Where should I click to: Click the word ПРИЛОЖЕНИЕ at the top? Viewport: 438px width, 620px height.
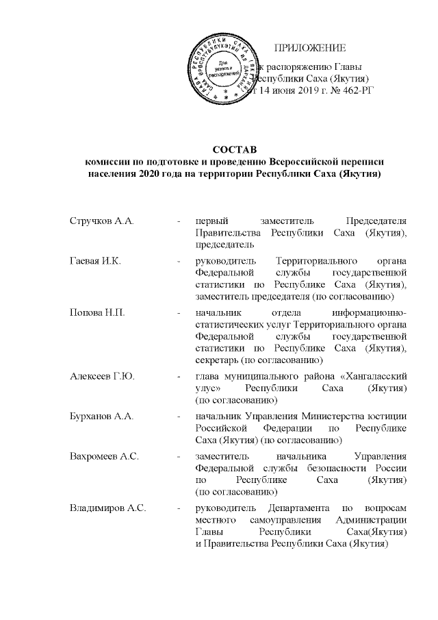(310, 47)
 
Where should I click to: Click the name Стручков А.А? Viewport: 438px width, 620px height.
(101, 221)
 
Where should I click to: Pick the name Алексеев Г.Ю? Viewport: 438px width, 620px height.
(101, 376)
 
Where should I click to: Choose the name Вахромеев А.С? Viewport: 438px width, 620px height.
(104, 456)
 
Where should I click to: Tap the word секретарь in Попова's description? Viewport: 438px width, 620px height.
(218, 358)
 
